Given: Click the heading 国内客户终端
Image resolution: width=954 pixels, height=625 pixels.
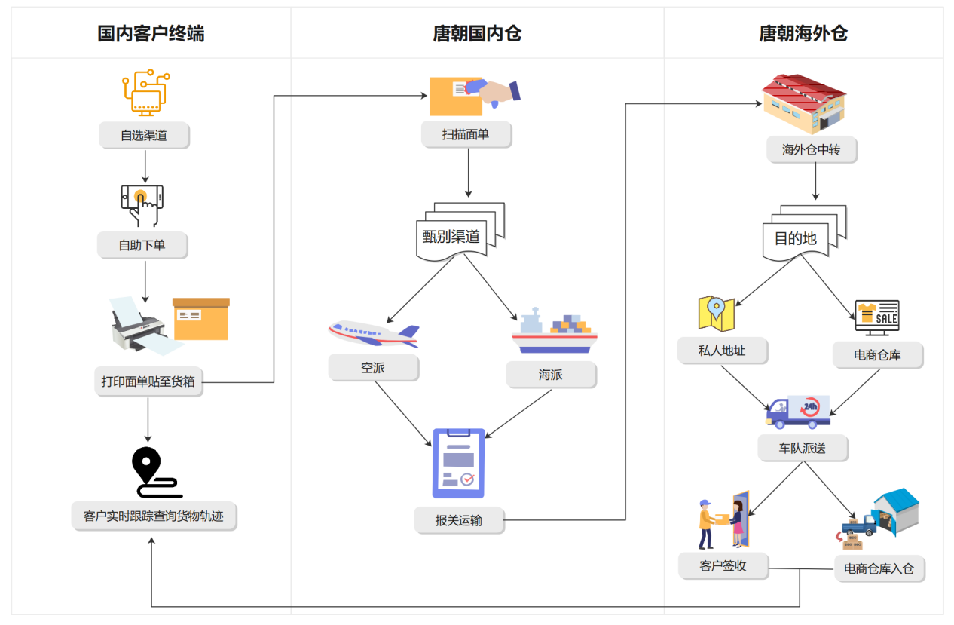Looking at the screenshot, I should click(x=151, y=33).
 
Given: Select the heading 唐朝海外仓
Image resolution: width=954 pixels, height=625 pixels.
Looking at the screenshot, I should click(x=803, y=33).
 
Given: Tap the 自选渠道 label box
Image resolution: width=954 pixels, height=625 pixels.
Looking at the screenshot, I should click(x=144, y=136).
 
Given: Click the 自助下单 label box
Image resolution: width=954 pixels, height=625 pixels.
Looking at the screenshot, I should click(x=142, y=245).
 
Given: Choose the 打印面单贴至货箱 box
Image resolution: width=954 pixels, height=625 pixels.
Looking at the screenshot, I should click(x=148, y=381).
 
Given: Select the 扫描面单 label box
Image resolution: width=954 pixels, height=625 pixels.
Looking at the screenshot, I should click(x=466, y=134).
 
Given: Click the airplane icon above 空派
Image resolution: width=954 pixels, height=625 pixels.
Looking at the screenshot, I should click(x=373, y=332).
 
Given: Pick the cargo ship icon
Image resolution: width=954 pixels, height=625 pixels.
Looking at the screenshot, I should click(x=555, y=331).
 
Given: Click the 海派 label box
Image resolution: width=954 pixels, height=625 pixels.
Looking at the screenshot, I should click(x=551, y=374).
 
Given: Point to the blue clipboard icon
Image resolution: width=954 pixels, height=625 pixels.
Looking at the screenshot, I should click(x=458, y=463).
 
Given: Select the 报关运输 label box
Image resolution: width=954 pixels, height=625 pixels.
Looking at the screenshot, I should click(x=459, y=519).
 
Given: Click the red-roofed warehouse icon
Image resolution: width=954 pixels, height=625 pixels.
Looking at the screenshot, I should click(x=803, y=104).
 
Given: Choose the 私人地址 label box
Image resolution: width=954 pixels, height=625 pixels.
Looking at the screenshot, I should click(x=722, y=351).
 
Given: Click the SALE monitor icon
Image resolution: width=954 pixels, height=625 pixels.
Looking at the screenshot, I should click(x=877, y=317).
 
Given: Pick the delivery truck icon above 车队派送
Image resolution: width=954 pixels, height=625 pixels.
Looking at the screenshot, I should click(x=798, y=412).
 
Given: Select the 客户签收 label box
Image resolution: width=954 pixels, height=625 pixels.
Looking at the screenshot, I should click(x=723, y=565).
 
